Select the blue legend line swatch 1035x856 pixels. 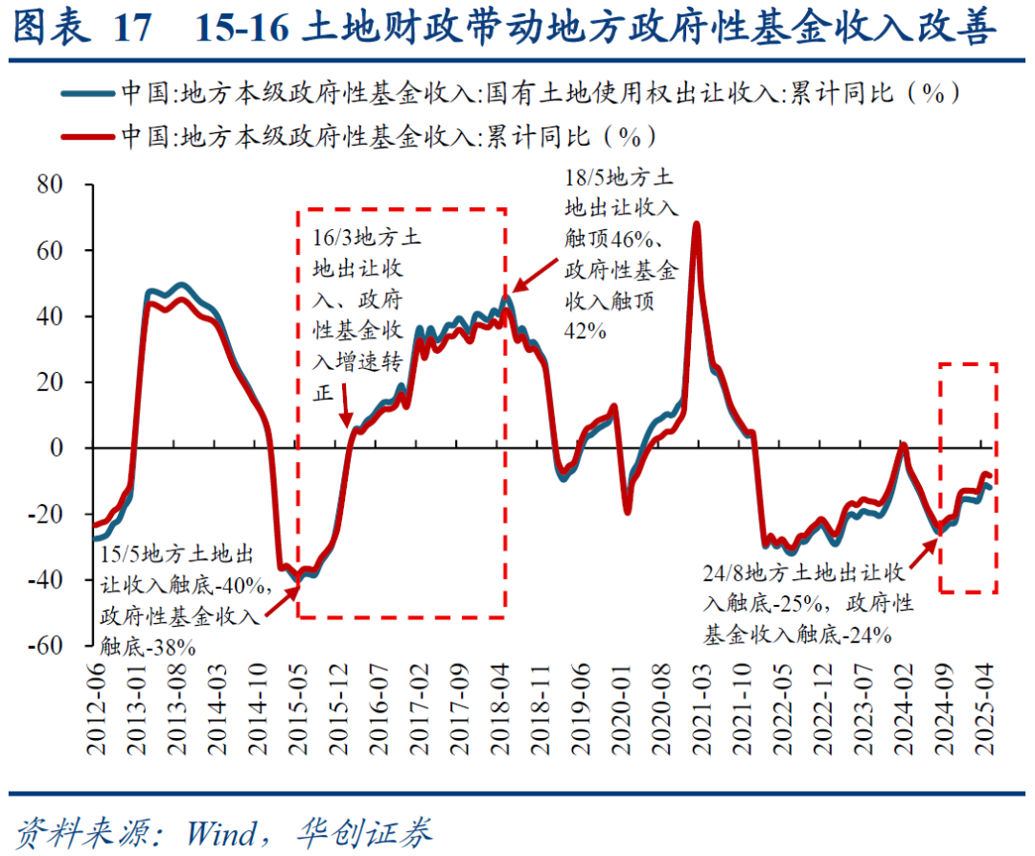coord(87,94)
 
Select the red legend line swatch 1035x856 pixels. coord(87,136)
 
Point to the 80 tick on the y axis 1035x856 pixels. coord(51,184)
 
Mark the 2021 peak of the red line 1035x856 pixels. coord(696,224)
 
